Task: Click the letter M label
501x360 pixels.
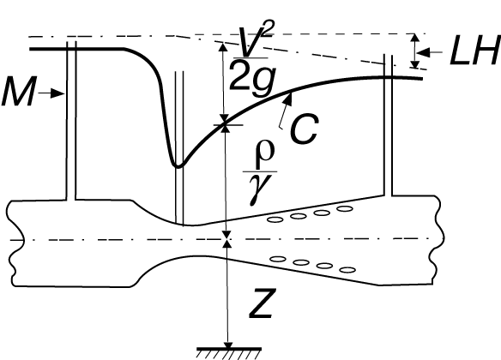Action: coord(19,92)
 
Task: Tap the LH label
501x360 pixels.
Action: coord(474,51)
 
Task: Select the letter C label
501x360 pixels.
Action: coord(304,129)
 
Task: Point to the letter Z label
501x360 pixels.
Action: coord(262,303)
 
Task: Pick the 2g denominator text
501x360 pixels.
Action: coord(251,76)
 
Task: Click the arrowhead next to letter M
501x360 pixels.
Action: coord(58,93)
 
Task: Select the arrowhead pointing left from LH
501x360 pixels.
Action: coord(423,52)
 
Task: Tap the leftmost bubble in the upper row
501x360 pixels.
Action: coord(275,219)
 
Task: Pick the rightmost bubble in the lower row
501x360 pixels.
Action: coord(347,270)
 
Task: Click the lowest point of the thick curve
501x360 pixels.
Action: coord(178,166)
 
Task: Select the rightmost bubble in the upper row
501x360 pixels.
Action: coord(345,209)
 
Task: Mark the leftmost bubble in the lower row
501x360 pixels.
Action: coord(278,259)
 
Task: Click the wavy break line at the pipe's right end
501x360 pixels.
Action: coord(438,239)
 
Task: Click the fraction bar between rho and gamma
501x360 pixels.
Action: coord(260,172)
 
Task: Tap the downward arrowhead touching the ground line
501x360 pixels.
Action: coord(228,345)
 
